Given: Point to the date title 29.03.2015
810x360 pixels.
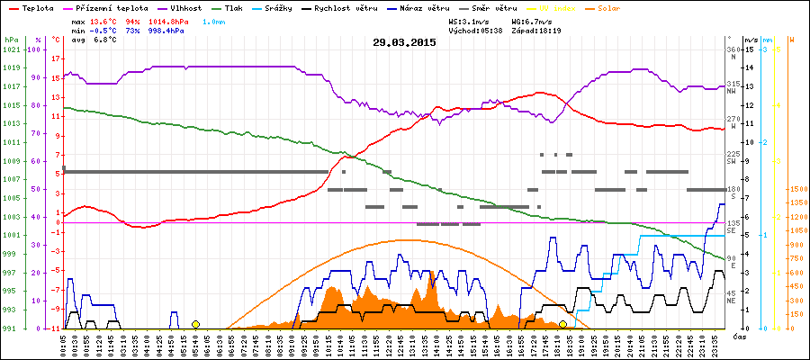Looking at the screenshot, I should (404, 41).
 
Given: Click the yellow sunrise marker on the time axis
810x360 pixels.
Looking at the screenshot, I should (195, 324).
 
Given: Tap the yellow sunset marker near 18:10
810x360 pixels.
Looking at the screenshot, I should (562, 324).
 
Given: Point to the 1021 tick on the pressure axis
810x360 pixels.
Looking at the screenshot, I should (11, 49).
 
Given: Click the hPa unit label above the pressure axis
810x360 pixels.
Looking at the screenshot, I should (11, 40).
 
